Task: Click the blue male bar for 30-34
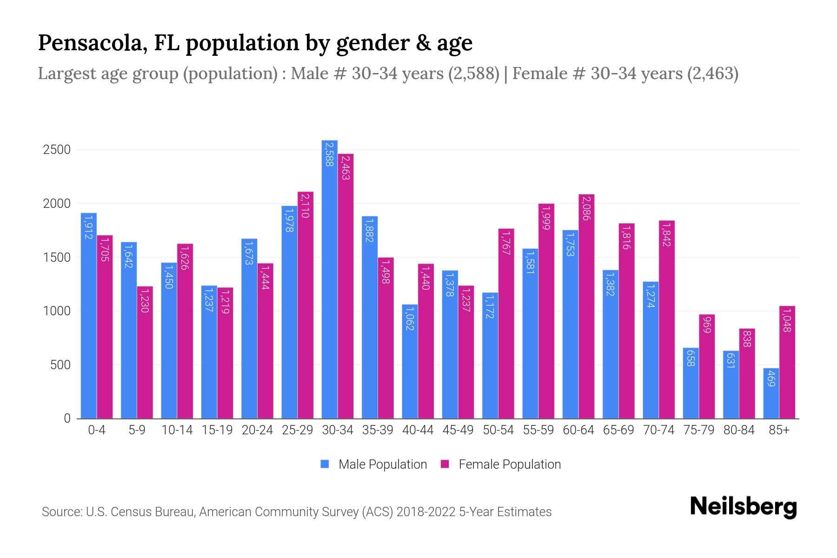pyautogui.click(x=330, y=279)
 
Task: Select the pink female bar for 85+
pyautogui.click(x=787, y=362)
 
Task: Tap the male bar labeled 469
pyautogui.click(x=771, y=393)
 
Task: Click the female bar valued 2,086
pyautogui.click(x=586, y=306)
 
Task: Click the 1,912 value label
pyautogui.click(x=88, y=227)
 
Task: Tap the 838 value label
pyautogui.click(x=747, y=339)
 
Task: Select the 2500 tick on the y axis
pyautogui.click(x=57, y=150)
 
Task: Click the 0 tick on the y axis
pyautogui.click(x=67, y=418)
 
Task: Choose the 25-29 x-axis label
pyautogui.click(x=298, y=430)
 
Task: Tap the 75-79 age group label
pyautogui.click(x=699, y=430)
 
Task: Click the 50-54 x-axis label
pyautogui.click(x=498, y=430)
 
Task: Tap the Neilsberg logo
pyautogui.click(x=743, y=507)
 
